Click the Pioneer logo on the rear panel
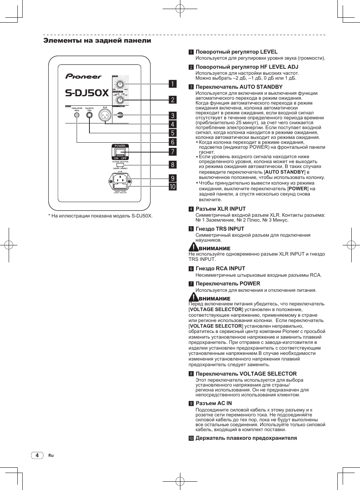point(83,76)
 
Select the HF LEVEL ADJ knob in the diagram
point(120,100)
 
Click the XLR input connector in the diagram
point(105,115)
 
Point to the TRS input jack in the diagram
point(89,115)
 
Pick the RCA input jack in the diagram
point(77,115)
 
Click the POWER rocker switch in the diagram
point(120,152)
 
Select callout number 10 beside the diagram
point(172,186)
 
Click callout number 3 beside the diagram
point(172,116)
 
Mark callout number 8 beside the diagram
point(172,165)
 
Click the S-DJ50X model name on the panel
point(87,93)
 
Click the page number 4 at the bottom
point(37,455)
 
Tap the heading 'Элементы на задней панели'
point(97,40)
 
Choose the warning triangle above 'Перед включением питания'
point(193,297)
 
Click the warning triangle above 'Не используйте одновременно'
point(193,247)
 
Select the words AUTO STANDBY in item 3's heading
point(261,87)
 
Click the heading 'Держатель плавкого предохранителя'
point(246,438)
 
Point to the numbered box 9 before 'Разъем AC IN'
point(191,404)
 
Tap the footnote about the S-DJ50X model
point(100,216)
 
